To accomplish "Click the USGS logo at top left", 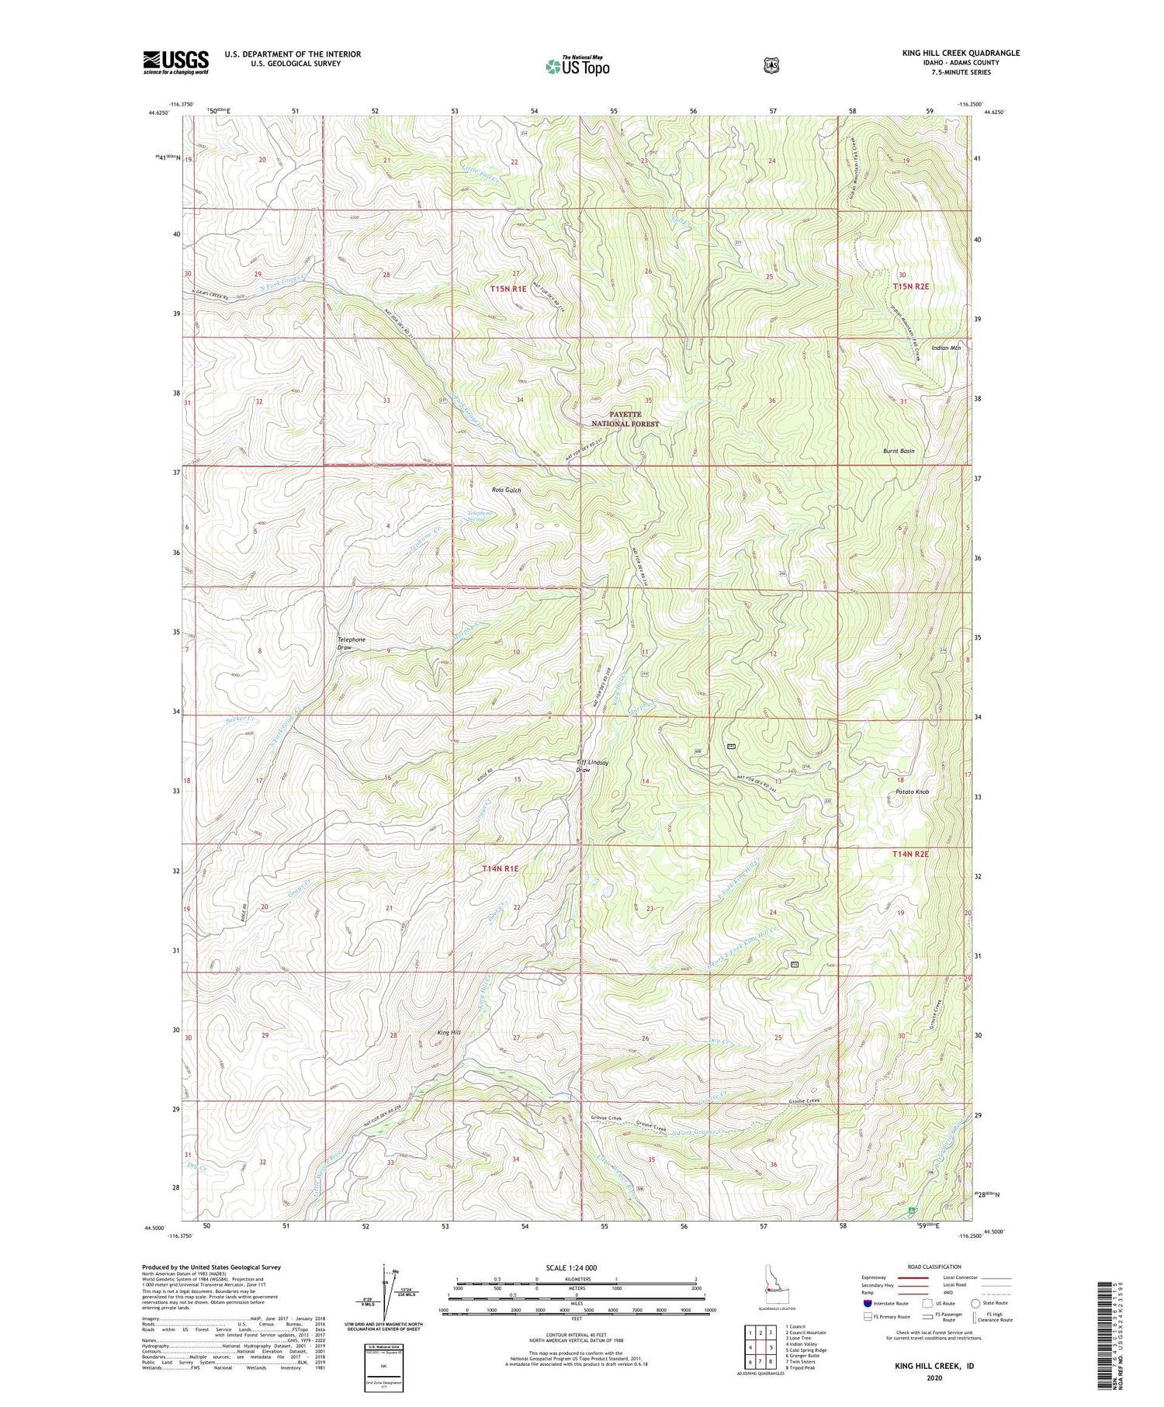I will tap(175, 62).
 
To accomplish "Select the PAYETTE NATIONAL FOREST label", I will tap(625, 419).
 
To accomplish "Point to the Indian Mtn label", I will tap(946, 348).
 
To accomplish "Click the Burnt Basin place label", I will tap(898, 451).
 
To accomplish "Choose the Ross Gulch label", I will tap(506, 490).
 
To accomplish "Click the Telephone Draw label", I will tap(351, 643).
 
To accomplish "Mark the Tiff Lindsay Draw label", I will tap(592, 766).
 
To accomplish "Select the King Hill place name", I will tap(449, 1033).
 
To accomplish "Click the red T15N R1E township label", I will tap(508, 289).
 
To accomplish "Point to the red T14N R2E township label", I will tap(909, 854).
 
